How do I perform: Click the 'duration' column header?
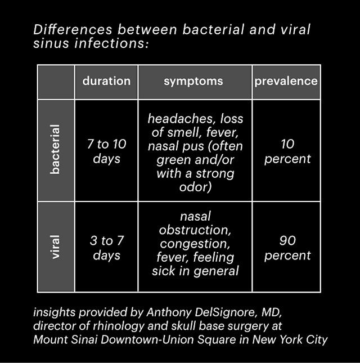pos(106,81)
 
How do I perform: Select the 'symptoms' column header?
pos(193,81)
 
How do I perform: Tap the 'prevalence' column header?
pos(286,81)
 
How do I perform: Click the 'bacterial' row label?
pos(55,150)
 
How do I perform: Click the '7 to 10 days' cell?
pos(106,151)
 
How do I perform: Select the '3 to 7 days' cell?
pos(107,248)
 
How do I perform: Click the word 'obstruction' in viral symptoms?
pos(195,230)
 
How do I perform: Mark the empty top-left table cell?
pos(56,82)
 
